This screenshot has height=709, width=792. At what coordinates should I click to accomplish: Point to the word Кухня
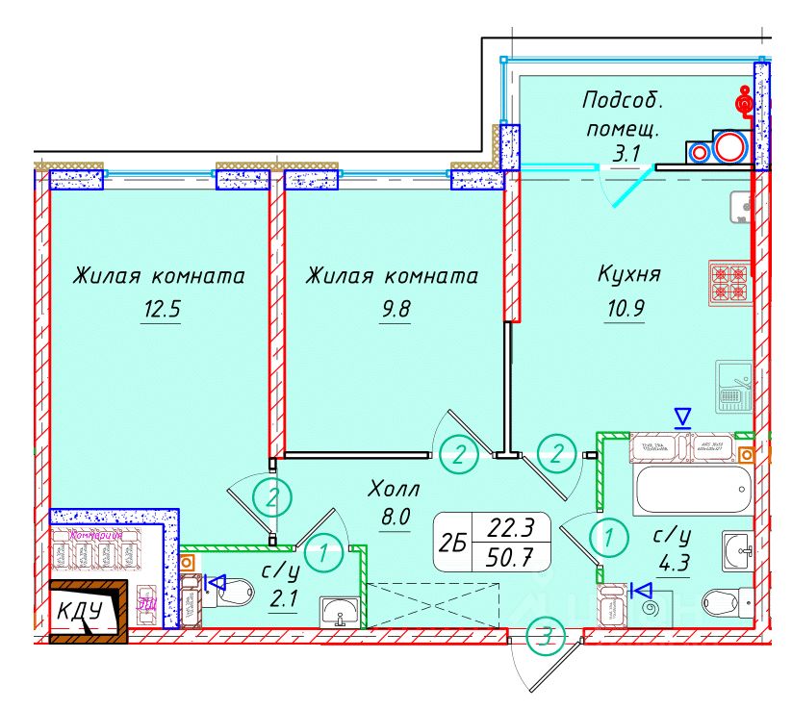click(628, 275)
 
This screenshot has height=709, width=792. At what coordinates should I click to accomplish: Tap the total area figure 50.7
click(511, 555)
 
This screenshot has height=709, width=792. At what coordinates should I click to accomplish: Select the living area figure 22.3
click(511, 527)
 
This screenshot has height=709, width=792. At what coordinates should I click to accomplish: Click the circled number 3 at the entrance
click(548, 636)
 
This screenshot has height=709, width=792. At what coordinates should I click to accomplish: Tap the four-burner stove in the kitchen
click(728, 281)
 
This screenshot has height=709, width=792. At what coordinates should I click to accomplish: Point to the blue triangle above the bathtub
click(682, 418)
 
